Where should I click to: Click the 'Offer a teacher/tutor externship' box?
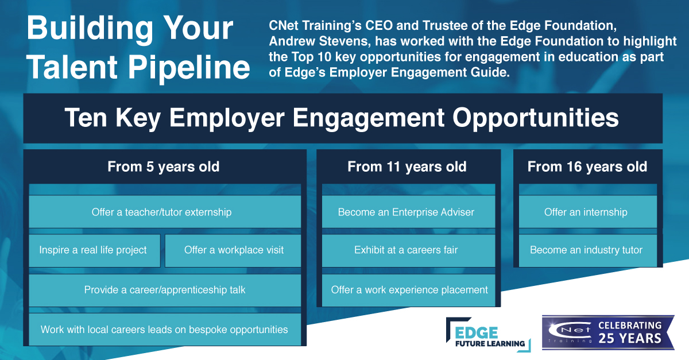[165, 212]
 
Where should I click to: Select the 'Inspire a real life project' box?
[95, 250]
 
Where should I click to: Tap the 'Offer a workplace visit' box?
[233, 250]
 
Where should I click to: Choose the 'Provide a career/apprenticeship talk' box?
[165, 290]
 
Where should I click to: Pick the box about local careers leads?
[165, 330]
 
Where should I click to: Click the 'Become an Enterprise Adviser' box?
[408, 212]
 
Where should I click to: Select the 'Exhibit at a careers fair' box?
[408, 250]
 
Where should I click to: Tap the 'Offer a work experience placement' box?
[408, 290]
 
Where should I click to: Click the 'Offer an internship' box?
[588, 212]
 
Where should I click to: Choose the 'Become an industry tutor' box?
[588, 250]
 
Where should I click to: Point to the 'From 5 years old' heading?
[163, 167]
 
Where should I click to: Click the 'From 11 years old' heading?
[407, 167]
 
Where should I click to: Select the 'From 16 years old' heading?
[587, 167]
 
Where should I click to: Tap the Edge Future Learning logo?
[489, 335]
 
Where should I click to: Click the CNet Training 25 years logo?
[608, 332]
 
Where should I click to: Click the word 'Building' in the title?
[90, 29]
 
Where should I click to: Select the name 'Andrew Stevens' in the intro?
[320, 41]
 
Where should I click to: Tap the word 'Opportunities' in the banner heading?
[536, 118]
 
